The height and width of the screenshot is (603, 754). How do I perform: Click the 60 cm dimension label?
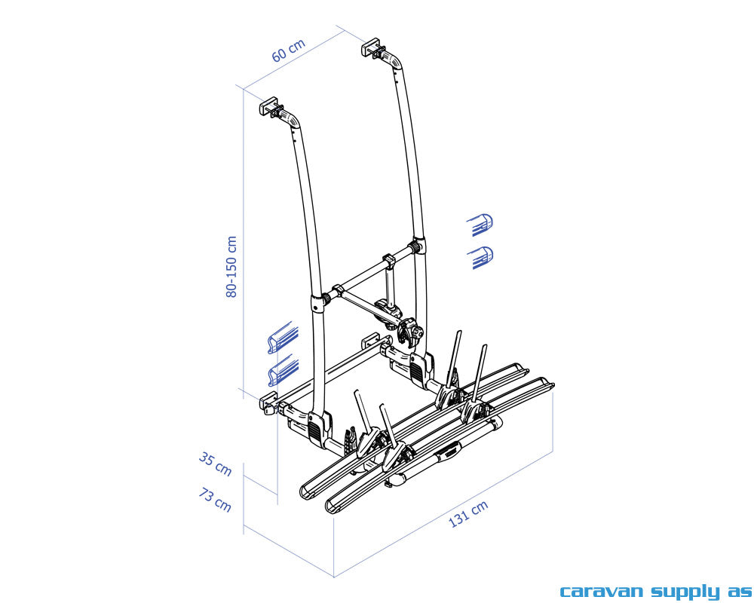click(289, 51)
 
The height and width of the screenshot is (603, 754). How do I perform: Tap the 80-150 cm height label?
click(231, 266)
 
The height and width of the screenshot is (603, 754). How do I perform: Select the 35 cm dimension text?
click(215, 464)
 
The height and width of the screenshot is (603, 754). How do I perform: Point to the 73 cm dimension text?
click(214, 500)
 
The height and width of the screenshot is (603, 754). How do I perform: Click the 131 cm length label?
click(468, 513)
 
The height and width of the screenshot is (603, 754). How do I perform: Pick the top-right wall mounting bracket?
click(373, 48)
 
